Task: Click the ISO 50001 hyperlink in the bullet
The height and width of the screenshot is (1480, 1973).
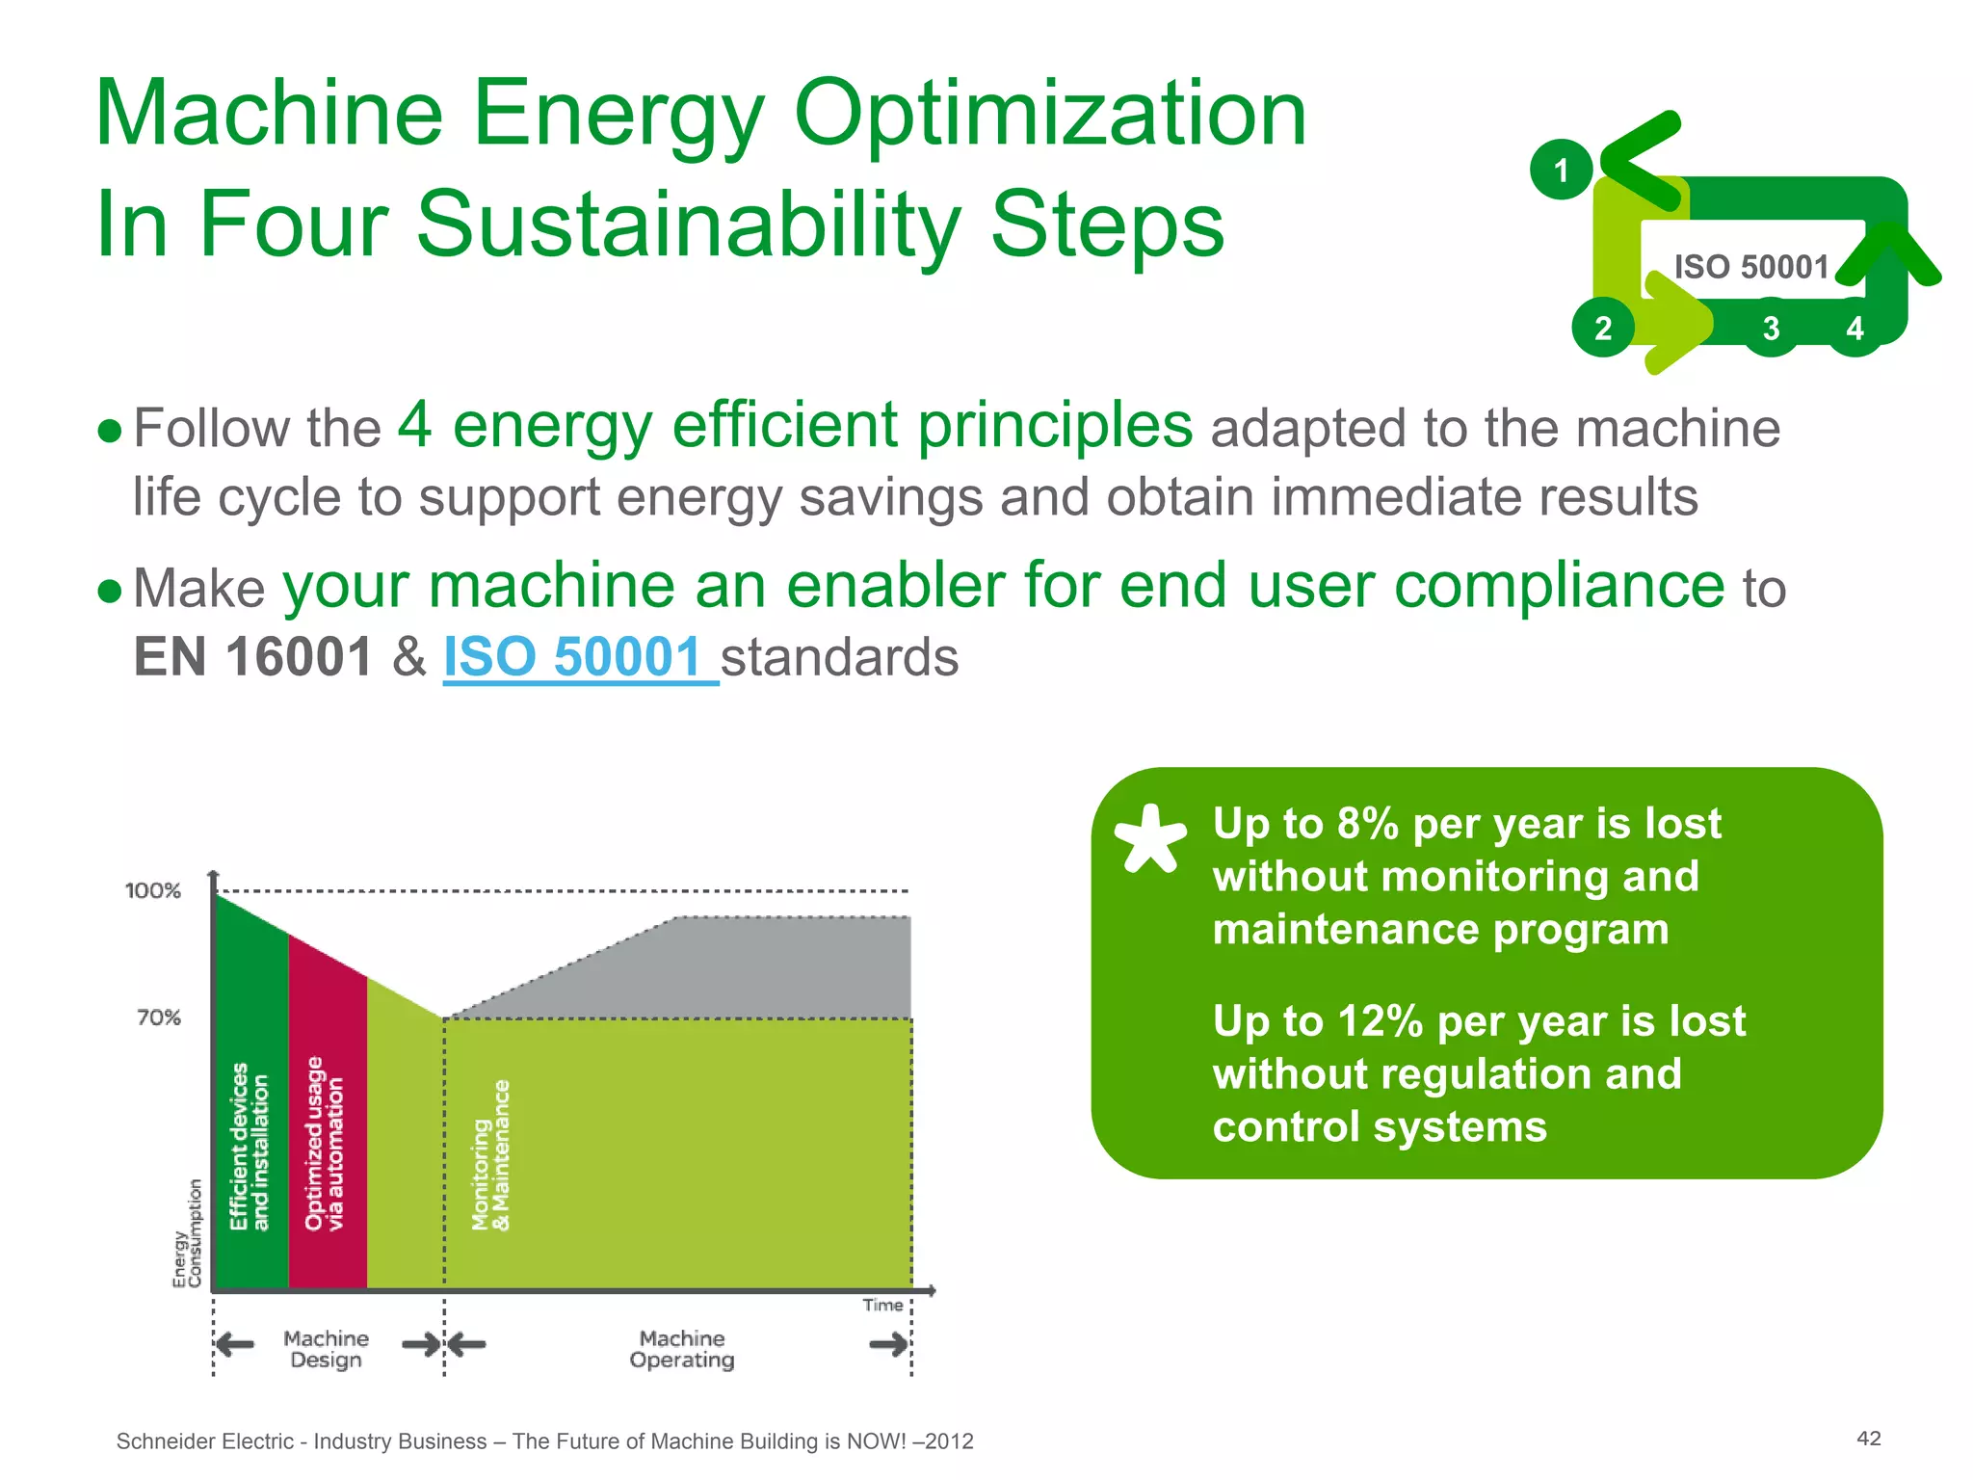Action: (574, 658)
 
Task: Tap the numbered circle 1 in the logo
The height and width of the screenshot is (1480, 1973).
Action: (1561, 171)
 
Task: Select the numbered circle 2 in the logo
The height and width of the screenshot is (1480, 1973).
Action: (1602, 329)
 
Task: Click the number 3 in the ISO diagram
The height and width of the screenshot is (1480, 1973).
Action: (1771, 329)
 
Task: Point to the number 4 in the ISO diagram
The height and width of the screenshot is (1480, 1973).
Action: (1855, 329)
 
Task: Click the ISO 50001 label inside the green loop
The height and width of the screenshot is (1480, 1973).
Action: (1750, 267)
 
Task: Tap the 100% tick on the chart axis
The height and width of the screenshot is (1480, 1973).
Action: (153, 890)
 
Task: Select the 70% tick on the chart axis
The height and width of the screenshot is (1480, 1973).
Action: (159, 1017)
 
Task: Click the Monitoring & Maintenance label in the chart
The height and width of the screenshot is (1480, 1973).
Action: (490, 1156)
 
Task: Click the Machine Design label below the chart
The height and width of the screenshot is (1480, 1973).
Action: (326, 1349)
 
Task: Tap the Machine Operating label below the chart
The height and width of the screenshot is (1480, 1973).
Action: (682, 1349)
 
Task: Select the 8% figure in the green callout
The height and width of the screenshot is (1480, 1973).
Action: (1367, 824)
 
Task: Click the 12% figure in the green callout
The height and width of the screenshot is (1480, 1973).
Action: (1380, 1021)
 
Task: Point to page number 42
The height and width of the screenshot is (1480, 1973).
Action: (1868, 1439)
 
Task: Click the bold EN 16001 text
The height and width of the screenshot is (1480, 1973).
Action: (252, 658)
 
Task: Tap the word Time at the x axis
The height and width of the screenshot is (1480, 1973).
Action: (882, 1306)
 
